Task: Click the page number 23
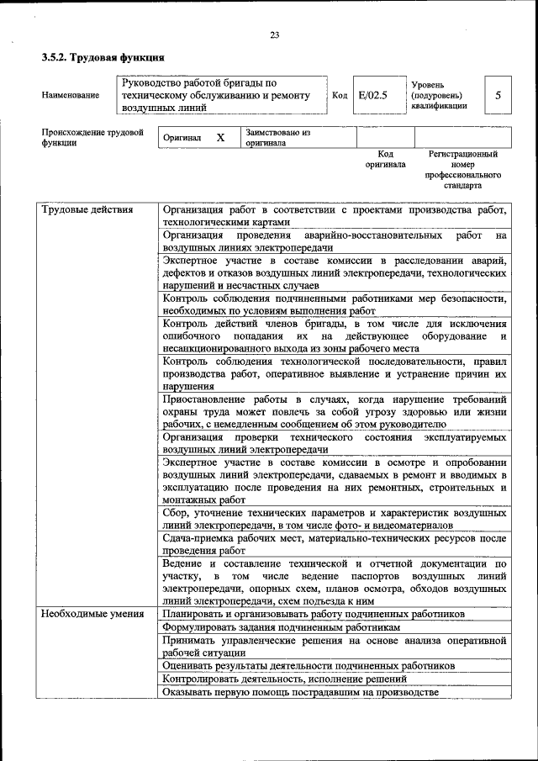274,34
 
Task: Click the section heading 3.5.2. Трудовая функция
103,57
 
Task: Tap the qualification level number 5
498,95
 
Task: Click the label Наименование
70,95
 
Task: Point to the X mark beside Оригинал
220,137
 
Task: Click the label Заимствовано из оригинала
277,137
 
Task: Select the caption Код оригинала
385,160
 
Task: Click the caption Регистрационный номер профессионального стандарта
463,169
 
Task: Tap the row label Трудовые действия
87,210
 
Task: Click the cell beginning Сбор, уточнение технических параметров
335,519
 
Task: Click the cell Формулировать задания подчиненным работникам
282,627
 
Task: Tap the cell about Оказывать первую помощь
301,691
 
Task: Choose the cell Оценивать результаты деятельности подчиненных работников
309,665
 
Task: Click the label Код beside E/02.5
340,95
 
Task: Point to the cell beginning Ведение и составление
335,583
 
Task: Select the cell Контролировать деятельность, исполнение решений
285,679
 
